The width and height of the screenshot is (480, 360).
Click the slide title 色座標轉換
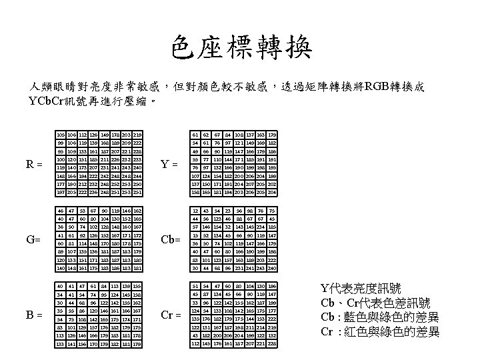[239, 48]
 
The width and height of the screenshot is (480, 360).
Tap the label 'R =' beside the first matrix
[34, 162]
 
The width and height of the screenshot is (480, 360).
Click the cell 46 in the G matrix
[61, 210]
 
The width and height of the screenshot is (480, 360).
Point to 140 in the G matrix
[61, 269]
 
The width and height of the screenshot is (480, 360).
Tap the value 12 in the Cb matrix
[196, 210]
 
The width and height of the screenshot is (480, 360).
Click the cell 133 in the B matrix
[61, 344]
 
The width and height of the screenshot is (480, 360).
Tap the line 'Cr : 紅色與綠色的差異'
[380, 331]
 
